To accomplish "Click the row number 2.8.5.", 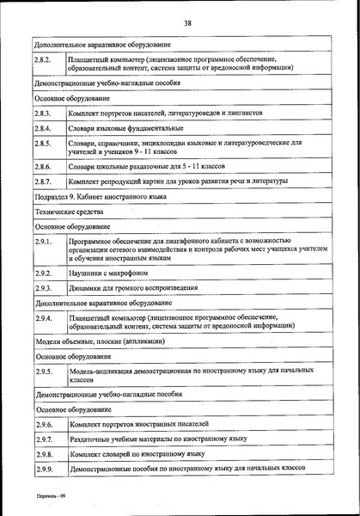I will tap(44, 144).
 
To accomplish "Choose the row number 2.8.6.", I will tap(44, 166).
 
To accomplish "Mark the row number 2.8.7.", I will tap(44, 181).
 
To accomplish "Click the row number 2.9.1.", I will tap(44, 245).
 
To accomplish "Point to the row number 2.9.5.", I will tap(44, 372).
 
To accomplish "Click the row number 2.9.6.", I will tap(44, 424).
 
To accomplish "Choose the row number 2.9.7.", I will tap(44, 439).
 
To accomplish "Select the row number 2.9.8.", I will tap(44, 453).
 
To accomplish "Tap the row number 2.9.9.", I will tap(44, 470).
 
